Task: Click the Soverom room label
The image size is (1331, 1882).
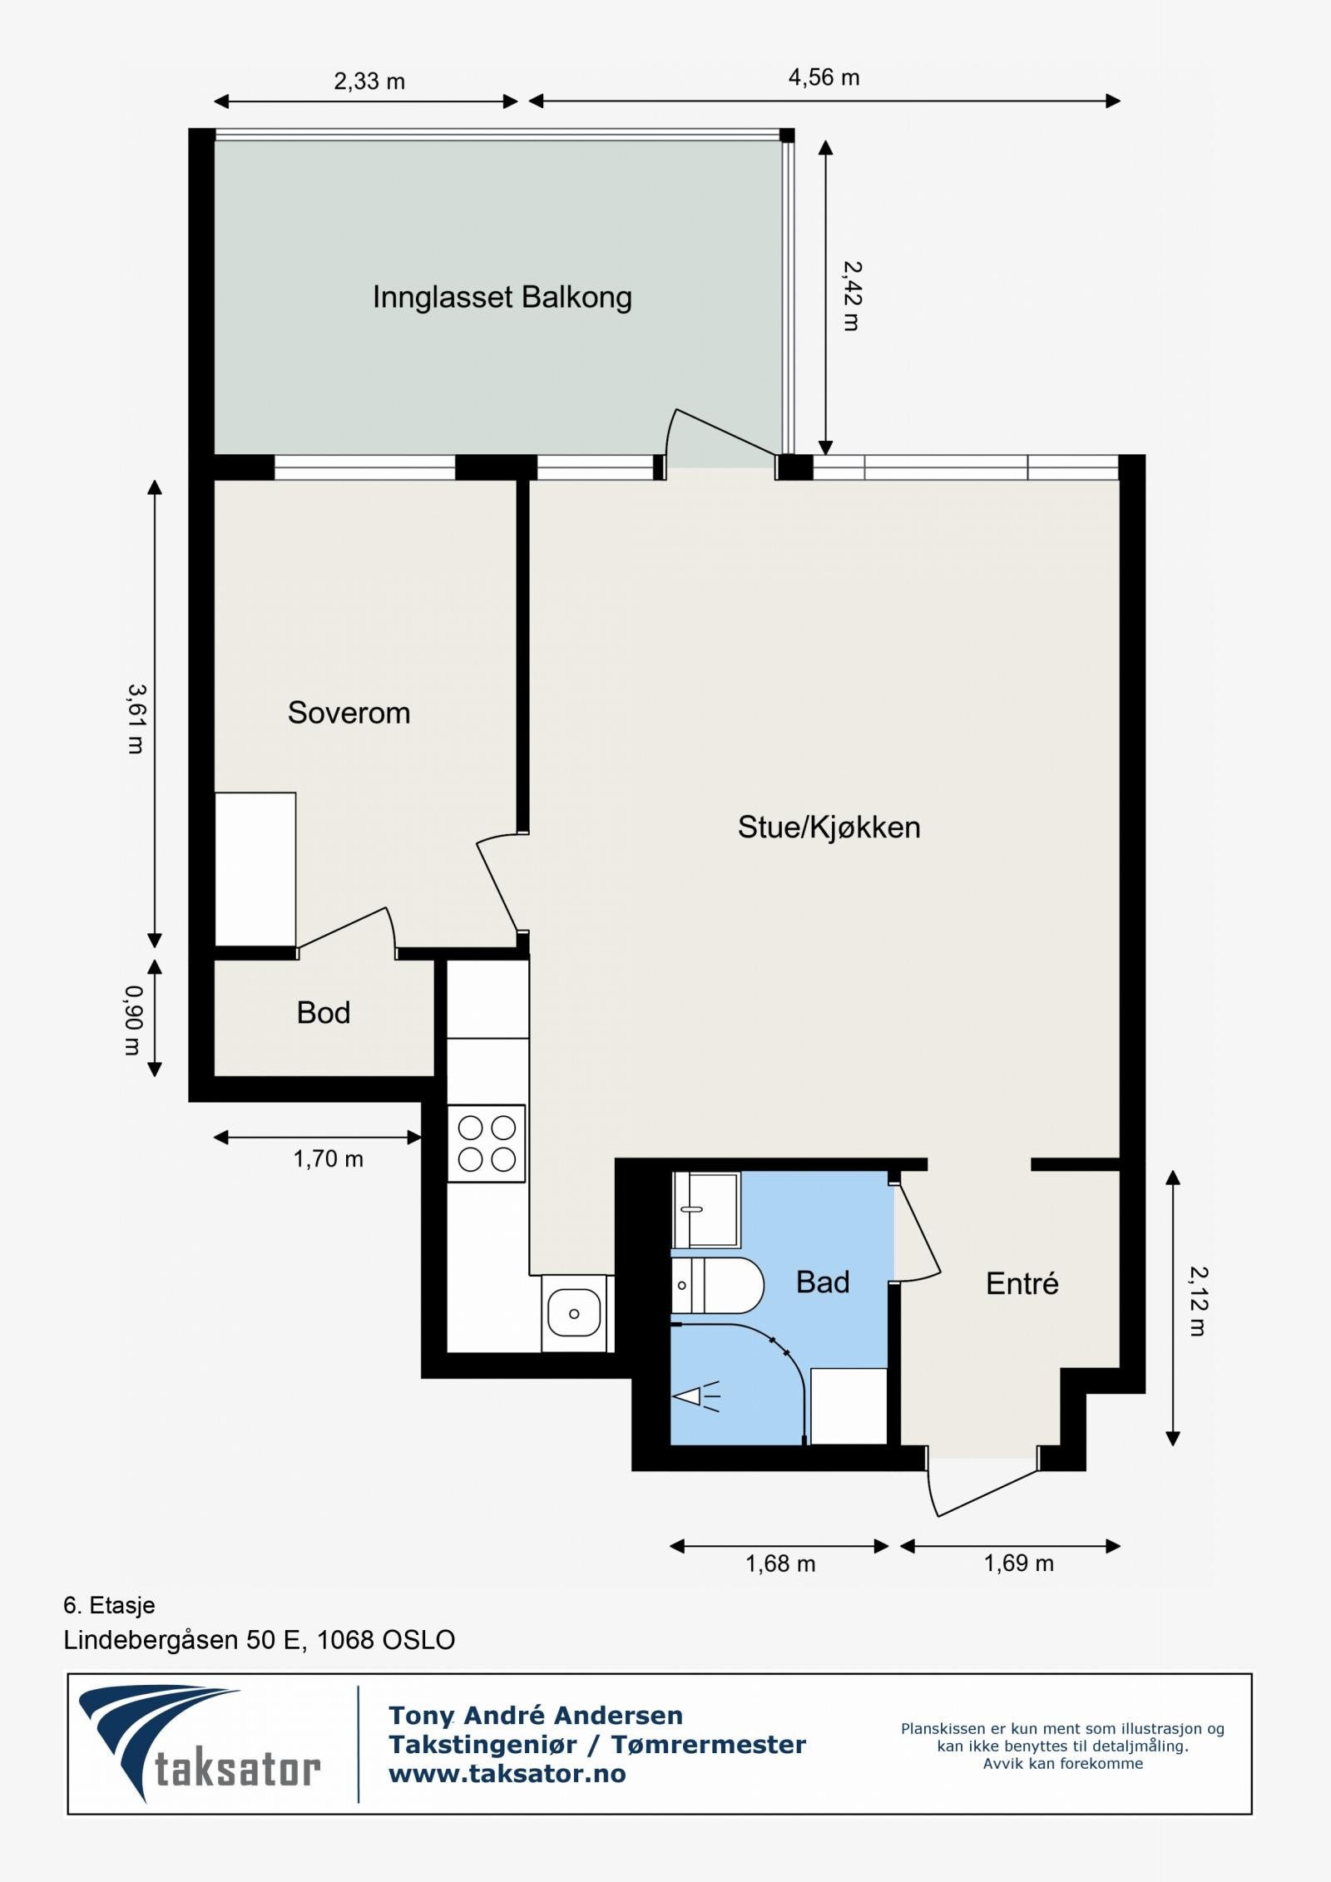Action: [x=349, y=713]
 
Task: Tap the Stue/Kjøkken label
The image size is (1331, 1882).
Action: [x=829, y=827]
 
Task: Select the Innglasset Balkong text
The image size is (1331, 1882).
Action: [x=502, y=297]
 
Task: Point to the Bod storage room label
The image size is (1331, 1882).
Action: [x=324, y=1012]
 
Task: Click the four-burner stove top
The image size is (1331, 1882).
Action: [x=487, y=1143]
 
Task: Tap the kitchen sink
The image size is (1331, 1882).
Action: [x=573, y=1314]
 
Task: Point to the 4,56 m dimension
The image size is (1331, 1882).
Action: [x=824, y=78]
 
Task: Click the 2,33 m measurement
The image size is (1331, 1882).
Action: [x=369, y=82]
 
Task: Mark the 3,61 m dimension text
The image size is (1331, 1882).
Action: [x=136, y=719]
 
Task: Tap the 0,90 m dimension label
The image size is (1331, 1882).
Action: [x=133, y=1020]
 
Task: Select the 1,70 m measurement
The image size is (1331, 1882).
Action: [x=328, y=1159]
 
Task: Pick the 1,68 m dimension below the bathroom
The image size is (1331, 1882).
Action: [x=780, y=1563]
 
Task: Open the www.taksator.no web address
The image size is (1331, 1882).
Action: [x=507, y=1774]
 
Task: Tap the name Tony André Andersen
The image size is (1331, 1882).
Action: [x=536, y=1715]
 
